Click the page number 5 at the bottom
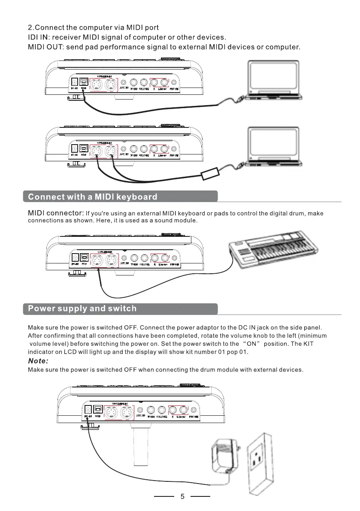tap(182, 497)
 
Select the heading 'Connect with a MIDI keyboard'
tap(93, 197)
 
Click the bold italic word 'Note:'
tap(38, 361)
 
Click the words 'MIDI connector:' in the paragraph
tap(55, 213)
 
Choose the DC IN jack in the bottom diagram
tap(88, 410)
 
